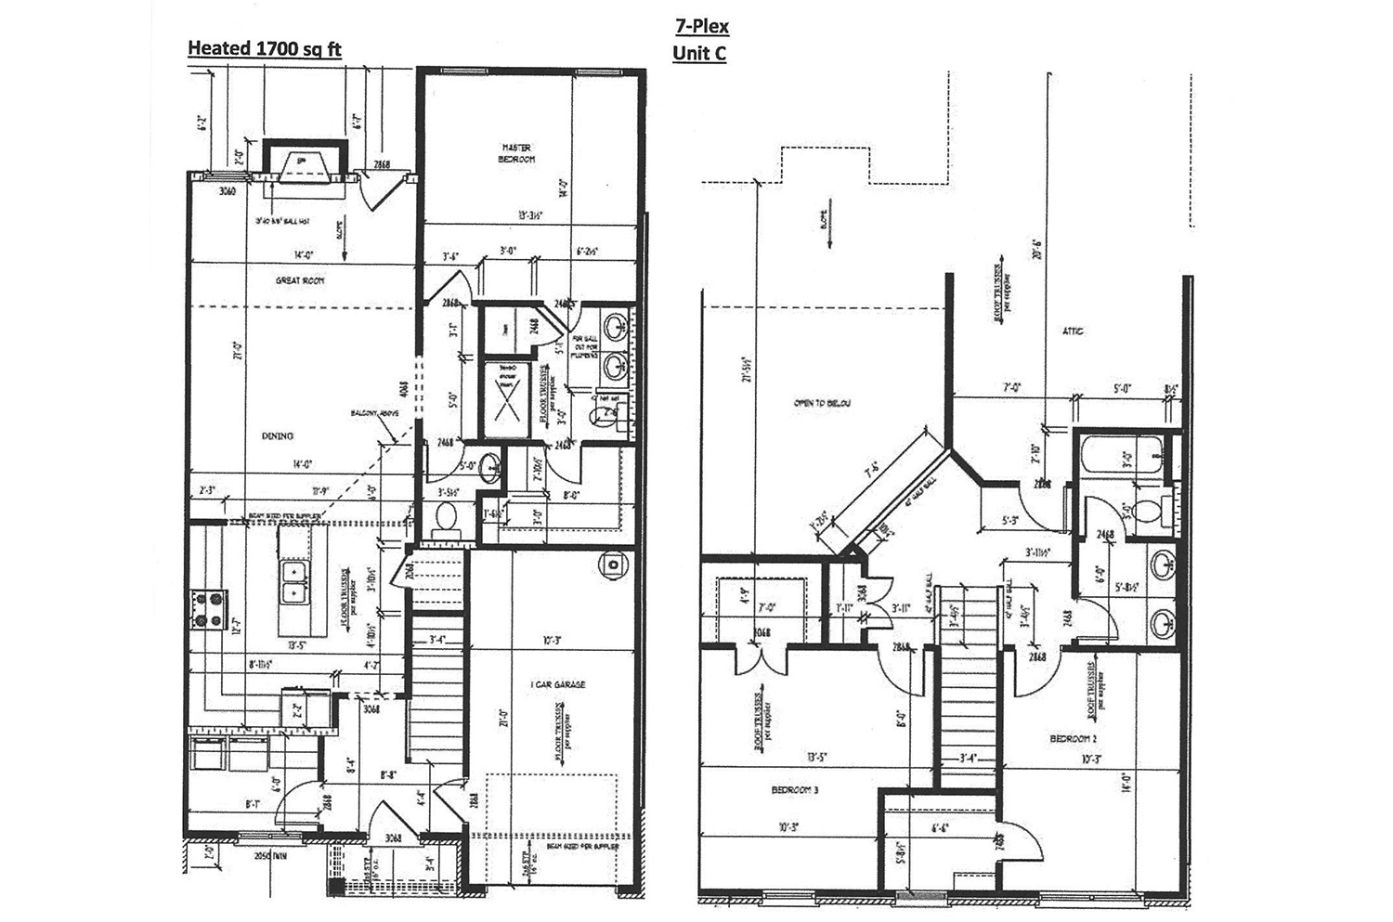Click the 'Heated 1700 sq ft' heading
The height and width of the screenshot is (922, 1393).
pyautogui.click(x=264, y=48)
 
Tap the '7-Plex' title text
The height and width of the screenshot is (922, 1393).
pyautogui.click(x=701, y=26)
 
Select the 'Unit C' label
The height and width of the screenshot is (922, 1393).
pyautogui.click(x=698, y=54)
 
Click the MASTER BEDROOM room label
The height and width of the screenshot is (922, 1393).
pyautogui.click(x=517, y=153)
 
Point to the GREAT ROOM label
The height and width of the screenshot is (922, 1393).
pyautogui.click(x=298, y=280)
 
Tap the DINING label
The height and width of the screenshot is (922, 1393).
pyautogui.click(x=277, y=435)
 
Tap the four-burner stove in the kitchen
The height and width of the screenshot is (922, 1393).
pyautogui.click(x=206, y=610)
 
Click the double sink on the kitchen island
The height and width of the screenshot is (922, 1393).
pyautogui.click(x=294, y=578)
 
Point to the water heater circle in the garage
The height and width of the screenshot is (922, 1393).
pyautogui.click(x=613, y=564)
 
